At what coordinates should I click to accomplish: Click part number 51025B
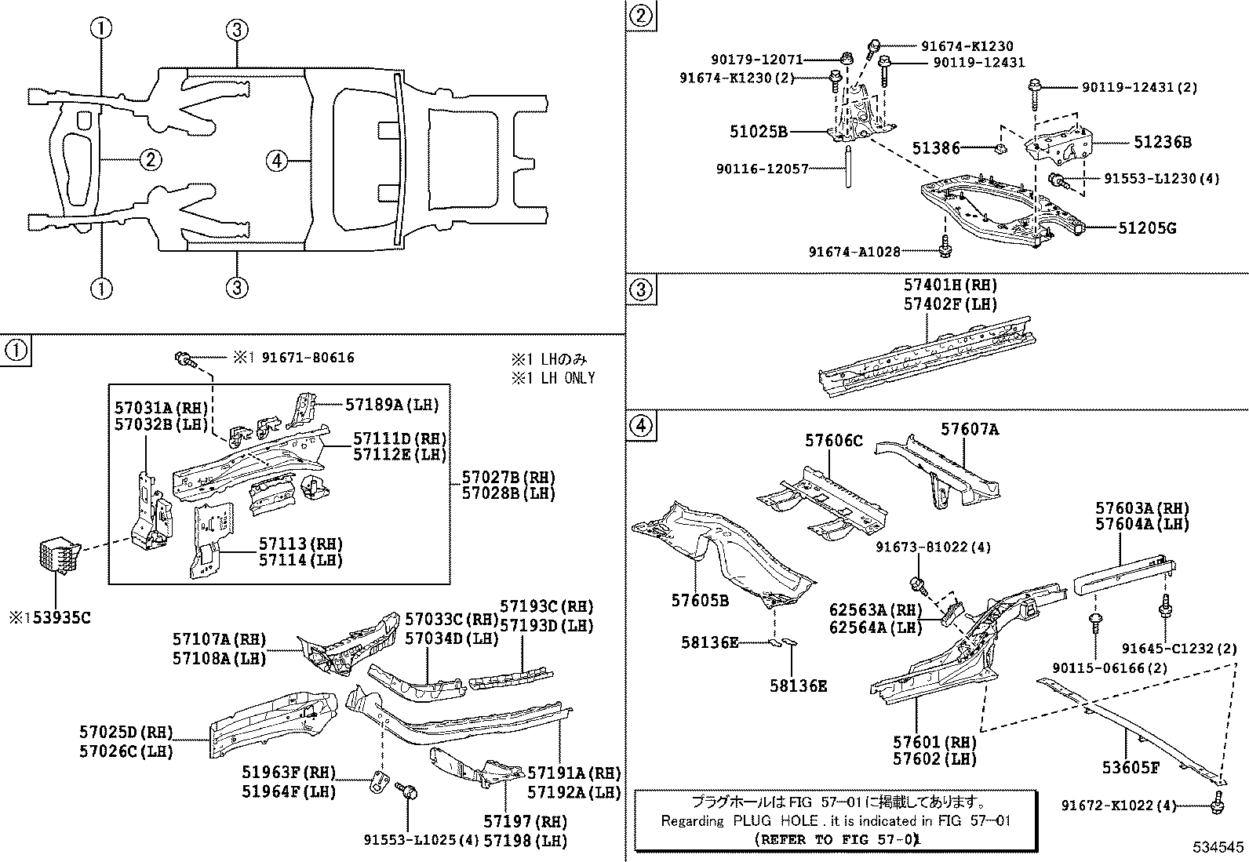758,133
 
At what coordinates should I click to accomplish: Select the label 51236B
1162,142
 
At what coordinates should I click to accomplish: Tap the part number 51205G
1147,228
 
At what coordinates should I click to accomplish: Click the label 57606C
833,442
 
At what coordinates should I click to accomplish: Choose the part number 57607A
970,429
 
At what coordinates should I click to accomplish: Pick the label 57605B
700,601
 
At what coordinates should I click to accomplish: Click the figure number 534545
1218,847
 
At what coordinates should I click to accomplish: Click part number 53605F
1131,767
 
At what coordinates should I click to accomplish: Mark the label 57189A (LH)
391,404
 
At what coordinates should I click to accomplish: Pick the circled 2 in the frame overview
150,160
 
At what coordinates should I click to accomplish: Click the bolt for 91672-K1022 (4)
1218,801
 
